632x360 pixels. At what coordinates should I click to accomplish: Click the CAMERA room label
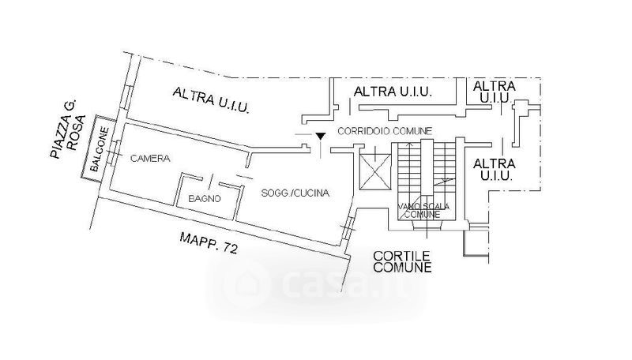150,159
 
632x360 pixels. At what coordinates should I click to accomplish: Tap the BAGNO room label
204,199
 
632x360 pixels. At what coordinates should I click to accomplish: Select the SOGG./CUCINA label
290,193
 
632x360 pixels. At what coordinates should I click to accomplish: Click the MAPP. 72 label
209,242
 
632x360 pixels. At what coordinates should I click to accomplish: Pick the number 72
230,248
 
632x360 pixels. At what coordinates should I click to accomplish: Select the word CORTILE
402,255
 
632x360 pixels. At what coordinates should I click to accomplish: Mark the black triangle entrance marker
319,137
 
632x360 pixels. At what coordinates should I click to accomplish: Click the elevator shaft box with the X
374,171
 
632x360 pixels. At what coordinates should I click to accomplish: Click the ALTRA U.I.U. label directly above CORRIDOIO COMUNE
393,92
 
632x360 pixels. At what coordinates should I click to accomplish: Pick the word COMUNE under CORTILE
403,268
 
